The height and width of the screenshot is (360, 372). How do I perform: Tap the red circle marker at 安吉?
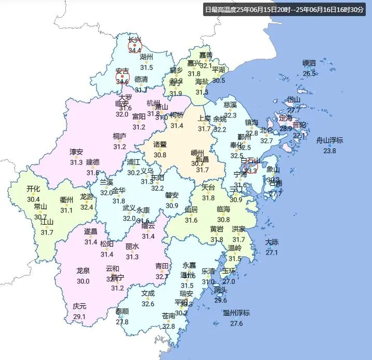coord(122,78)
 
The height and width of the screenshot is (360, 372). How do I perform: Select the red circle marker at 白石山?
coord(249,166)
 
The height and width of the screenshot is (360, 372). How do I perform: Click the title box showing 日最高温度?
coord(284,10)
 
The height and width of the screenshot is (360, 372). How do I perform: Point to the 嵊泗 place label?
coord(309,63)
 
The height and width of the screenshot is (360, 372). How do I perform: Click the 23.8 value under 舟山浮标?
coord(330,151)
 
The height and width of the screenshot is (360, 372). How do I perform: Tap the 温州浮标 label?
coord(236,313)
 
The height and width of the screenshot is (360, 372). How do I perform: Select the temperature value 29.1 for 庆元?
coord(79,316)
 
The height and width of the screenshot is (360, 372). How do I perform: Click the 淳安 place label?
coord(76,152)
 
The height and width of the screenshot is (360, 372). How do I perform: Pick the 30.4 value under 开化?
coord(33,199)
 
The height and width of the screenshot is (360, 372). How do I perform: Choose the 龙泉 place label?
coord(83,271)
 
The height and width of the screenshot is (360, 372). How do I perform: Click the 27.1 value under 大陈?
coord(272,252)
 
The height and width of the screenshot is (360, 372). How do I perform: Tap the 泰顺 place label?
coord(122,311)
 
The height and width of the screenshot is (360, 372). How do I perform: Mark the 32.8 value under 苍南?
coord(168,326)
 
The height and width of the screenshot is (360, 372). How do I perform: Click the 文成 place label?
coord(148,293)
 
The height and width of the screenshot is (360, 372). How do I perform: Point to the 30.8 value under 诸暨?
coord(160,155)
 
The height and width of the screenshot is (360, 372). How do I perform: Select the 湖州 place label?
coord(147,57)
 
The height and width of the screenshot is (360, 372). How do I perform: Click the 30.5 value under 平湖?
coord(219,80)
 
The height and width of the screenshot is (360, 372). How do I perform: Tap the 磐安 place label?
coord(172,195)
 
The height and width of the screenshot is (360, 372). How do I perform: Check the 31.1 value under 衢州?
coord(67,210)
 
